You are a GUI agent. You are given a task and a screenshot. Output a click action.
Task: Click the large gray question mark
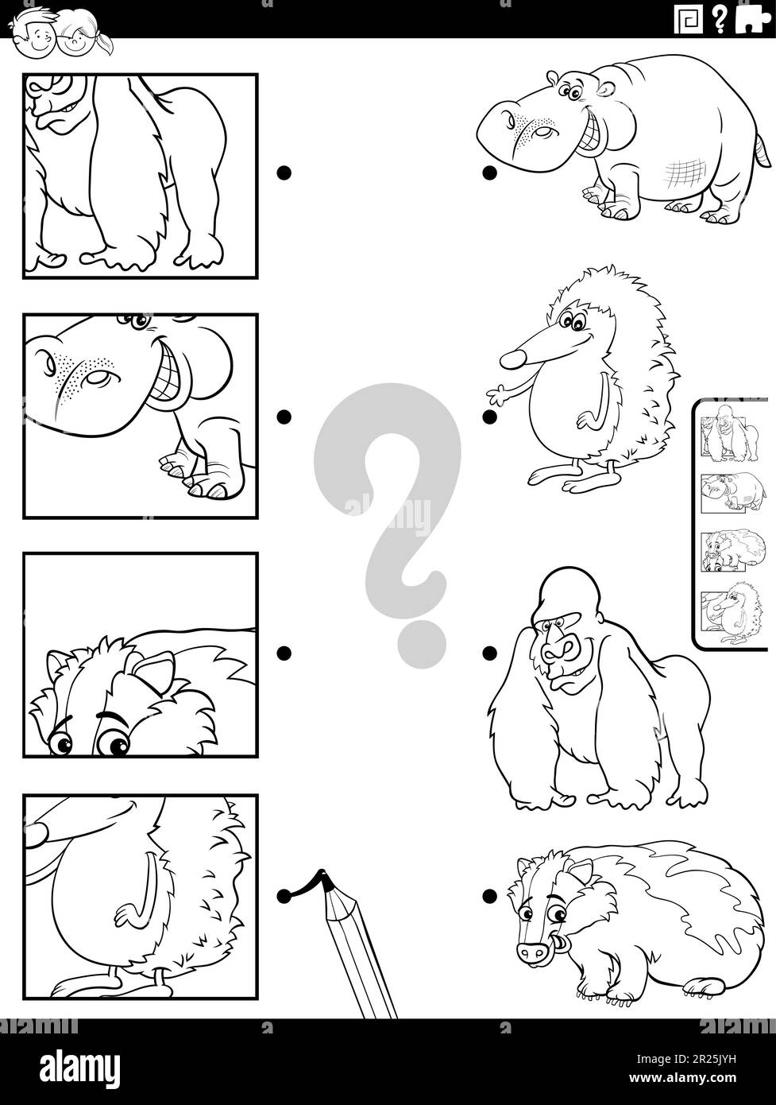point(387,509)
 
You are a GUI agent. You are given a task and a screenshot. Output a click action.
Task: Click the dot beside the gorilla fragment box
point(283,172)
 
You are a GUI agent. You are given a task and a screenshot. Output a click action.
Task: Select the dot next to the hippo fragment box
point(283,416)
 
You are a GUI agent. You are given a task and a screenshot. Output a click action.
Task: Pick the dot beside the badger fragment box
point(283,653)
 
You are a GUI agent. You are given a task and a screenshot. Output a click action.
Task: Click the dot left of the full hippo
point(490,172)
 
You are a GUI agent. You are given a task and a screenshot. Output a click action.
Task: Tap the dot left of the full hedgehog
point(490,416)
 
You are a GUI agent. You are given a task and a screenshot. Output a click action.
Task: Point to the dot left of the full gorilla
point(490,653)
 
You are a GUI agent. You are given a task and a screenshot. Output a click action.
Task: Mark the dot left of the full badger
point(490,897)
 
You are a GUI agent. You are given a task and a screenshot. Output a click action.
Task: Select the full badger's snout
point(531,951)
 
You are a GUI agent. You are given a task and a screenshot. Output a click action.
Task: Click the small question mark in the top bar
point(719,19)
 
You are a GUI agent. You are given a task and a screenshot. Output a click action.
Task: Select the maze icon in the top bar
point(688,19)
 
